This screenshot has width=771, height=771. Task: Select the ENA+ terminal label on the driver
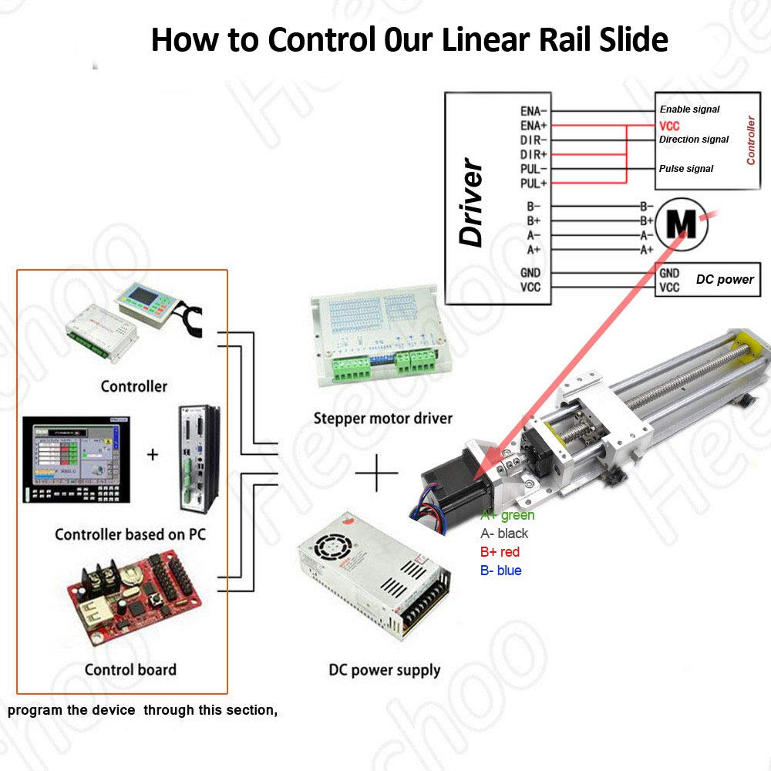coord(533,125)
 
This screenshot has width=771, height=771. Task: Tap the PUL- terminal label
coord(533,169)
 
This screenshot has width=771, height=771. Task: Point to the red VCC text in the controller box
coord(669,125)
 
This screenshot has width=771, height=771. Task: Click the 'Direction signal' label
coord(694,140)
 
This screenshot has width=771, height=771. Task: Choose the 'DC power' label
coord(725,279)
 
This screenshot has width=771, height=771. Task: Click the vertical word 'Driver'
coord(471,204)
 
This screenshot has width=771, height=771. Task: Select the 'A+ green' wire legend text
coord(507,515)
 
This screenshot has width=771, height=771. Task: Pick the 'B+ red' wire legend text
coord(500,552)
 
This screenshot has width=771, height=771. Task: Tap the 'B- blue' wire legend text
coord(500,571)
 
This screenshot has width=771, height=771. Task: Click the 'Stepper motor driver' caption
coord(382,419)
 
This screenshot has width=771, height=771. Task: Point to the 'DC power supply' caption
coord(384,670)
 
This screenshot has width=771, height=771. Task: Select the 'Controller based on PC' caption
coord(130,534)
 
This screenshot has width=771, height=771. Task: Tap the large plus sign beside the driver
coord(376,472)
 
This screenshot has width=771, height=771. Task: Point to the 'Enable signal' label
coord(689,109)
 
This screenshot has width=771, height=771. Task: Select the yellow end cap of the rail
coord(745,344)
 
